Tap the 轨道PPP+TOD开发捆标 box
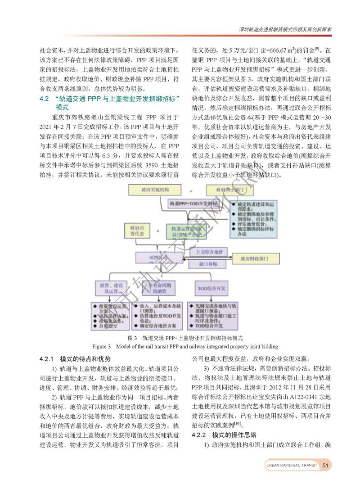197,204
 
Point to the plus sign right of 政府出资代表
157,231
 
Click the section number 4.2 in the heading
44,99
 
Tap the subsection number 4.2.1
47,359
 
